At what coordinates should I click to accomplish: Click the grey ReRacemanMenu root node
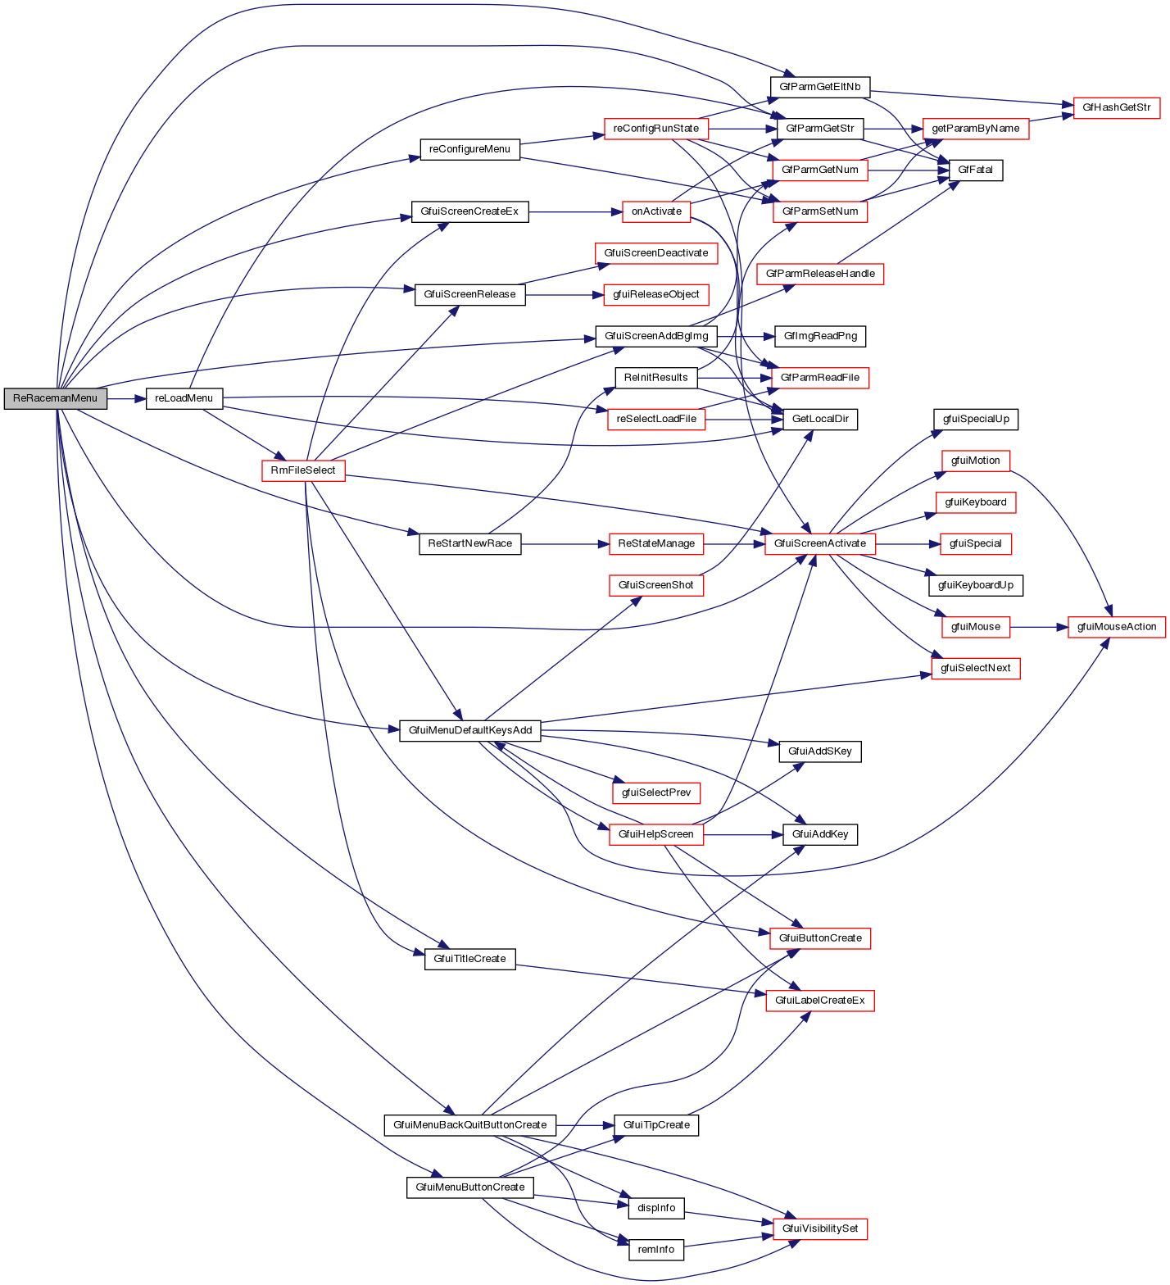[x=55, y=399]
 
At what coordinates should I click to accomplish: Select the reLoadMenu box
[x=184, y=399]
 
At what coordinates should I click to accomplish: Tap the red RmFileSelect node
[x=303, y=470]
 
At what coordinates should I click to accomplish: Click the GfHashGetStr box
[x=1116, y=107]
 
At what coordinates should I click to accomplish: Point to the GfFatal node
[x=975, y=170]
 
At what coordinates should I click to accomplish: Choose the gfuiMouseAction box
[x=1116, y=627]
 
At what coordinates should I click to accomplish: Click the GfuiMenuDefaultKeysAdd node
[x=470, y=730]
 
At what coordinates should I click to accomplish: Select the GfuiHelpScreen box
[x=655, y=834]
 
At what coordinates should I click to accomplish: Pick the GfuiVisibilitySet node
[x=820, y=1228]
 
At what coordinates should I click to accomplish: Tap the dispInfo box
[x=656, y=1208]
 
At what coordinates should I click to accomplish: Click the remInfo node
[x=656, y=1250]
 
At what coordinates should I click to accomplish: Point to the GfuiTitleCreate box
[x=469, y=959]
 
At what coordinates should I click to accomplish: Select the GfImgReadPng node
[x=820, y=336]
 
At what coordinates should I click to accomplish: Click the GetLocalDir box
[x=820, y=419]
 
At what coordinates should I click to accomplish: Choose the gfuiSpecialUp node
[x=976, y=419]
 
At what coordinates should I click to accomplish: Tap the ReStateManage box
[x=655, y=543]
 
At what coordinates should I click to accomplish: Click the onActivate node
[x=656, y=211]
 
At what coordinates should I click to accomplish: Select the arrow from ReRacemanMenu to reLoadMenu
[x=126, y=399]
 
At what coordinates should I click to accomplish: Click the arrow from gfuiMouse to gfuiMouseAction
[x=1039, y=627]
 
